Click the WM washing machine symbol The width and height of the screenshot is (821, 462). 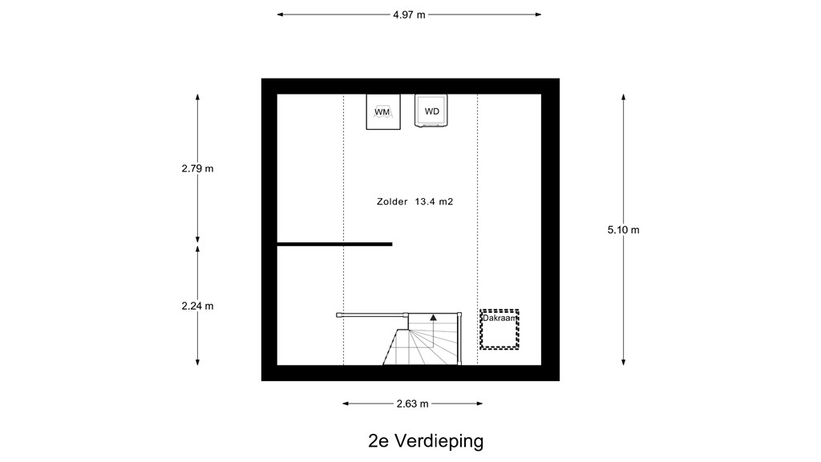382,111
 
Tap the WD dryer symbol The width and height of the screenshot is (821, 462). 431,111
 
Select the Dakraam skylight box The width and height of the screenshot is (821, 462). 499,330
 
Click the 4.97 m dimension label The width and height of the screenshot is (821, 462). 410,14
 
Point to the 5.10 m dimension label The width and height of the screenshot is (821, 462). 623,229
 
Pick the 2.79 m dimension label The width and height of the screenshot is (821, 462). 197,168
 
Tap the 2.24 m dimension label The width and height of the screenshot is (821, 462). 197,306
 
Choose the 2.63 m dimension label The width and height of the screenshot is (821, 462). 413,403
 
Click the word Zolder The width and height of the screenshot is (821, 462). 392,201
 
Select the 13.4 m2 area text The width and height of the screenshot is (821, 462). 434,201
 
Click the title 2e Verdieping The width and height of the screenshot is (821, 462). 426,441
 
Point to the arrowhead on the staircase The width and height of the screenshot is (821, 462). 433,317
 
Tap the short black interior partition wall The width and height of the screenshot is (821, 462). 334,244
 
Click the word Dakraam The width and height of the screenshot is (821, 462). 499,318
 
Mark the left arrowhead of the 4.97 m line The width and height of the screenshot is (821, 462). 280,14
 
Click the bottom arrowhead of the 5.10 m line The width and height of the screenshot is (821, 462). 623,362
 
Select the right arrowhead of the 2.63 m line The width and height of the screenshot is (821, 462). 479,403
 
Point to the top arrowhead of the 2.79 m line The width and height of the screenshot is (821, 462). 197,97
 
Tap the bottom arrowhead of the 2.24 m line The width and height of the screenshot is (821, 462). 197,362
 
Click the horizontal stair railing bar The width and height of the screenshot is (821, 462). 372,314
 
